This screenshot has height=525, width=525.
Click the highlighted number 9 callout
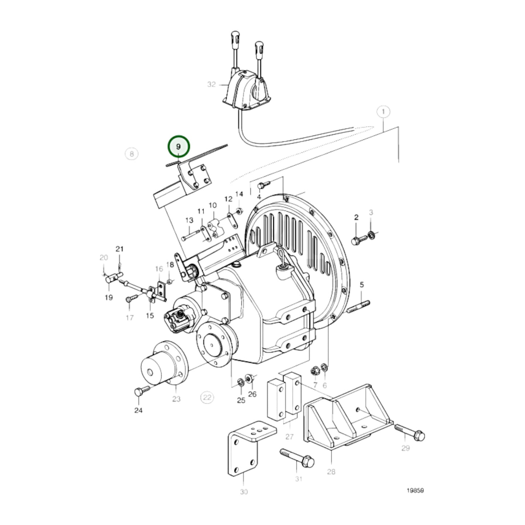(x=178, y=147)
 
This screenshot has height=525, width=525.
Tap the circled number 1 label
(x=383, y=112)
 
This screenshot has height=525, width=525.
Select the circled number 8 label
(x=132, y=154)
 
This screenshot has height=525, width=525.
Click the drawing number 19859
(x=415, y=490)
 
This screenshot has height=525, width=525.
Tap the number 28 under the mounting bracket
(x=331, y=472)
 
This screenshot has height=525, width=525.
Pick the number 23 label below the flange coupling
(x=176, y=399)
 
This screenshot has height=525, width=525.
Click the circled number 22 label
(x=207, y=397)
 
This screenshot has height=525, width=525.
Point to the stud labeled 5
(x=358, y=306)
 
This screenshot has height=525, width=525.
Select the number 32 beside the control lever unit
(x=211, y=84)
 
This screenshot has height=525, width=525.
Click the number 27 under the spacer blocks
(x=289, y=436)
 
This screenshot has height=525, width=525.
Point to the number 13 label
(x=189, y=220)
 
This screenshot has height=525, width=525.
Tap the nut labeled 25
(x=240, y=382)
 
